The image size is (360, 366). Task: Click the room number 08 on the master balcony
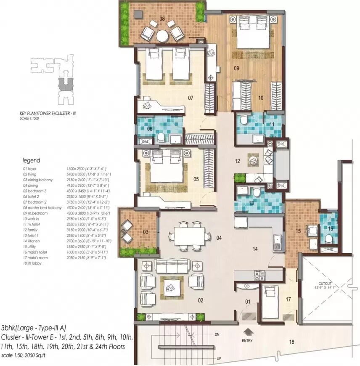161,19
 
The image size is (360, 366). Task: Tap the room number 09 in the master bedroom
237,67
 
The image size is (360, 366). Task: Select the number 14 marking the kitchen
255,249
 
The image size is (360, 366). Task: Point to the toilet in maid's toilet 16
329,239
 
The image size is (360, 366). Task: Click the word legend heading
31,160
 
